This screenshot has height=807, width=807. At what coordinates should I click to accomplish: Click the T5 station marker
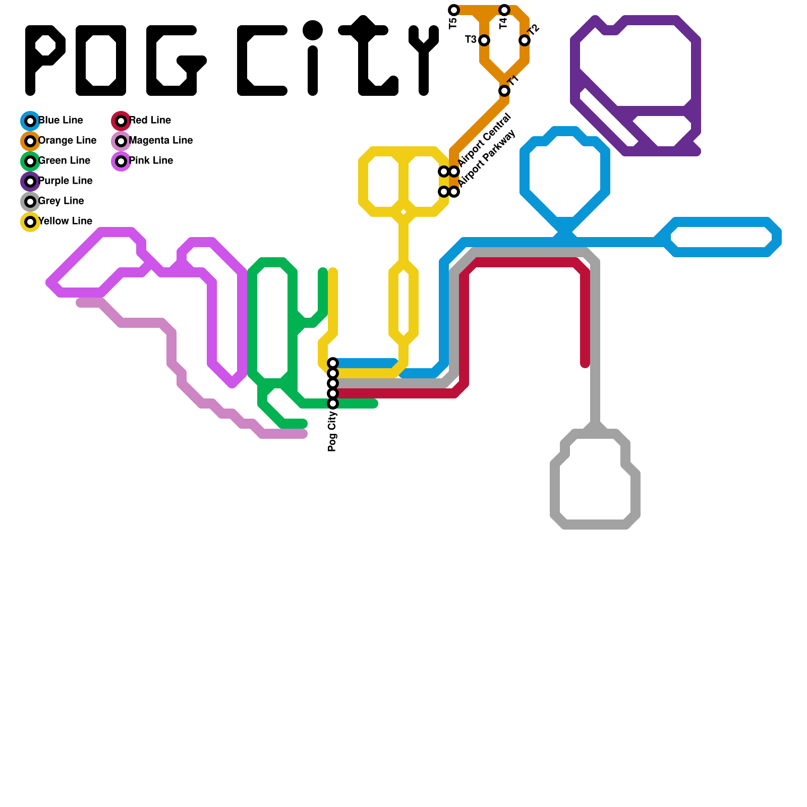point(454,10)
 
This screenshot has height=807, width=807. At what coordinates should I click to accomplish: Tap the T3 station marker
point(484,40)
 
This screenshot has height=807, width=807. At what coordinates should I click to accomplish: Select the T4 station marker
point(504,10)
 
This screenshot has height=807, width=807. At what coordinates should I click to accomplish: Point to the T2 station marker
point(525,40)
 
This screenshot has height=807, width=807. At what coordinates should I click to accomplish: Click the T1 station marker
point(504,91)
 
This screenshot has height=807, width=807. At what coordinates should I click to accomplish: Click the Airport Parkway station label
point(487,158)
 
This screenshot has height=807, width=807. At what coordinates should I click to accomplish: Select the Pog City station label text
point(332,431)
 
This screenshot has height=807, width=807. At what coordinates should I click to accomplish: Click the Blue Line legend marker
point(30,121)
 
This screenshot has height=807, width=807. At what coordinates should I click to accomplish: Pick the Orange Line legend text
point(67,140)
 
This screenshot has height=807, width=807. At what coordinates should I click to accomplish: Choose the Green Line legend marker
point(30,161)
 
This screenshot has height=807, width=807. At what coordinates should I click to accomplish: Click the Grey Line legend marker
point(30,202)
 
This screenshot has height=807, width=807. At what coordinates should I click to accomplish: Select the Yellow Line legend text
point(65,221)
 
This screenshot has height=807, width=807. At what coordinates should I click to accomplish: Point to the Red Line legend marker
point(121,121)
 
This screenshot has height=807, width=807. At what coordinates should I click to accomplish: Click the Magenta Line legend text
point(160,140)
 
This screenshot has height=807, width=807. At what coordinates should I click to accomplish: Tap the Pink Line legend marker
point(121,161)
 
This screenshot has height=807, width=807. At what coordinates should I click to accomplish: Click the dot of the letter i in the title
point(313,30)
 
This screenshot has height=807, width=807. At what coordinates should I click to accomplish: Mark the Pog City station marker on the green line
point(333,403)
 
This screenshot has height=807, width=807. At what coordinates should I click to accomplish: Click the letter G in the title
point(174,61)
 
